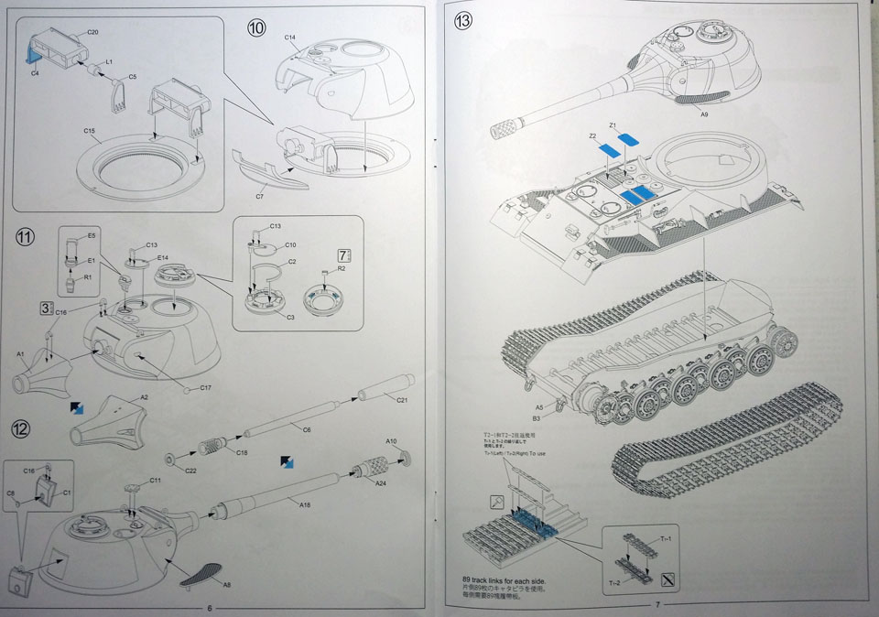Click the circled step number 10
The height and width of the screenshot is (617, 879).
tap(256, 28)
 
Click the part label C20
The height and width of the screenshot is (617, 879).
tap(92, 32)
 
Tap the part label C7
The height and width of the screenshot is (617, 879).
tap(260, 196)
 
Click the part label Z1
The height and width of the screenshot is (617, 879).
tap(613, 124)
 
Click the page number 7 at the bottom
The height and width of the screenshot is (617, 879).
tap(657, 604)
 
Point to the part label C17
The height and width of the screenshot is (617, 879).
tap(205, 388)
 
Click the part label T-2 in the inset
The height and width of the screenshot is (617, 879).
tap(612, 582)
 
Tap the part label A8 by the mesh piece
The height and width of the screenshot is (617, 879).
tap(225, 583)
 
